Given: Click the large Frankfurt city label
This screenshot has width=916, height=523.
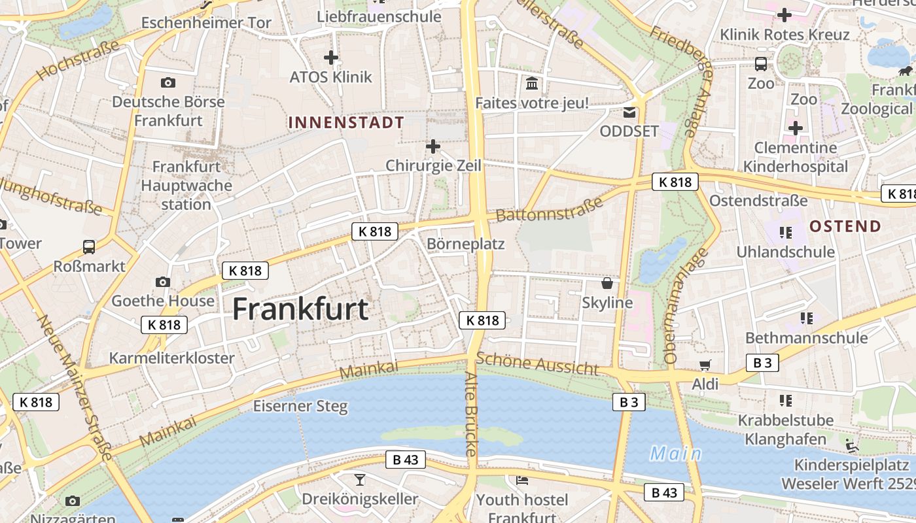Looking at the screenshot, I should coord(300,309).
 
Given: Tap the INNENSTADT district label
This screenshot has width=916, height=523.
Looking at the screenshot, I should coord(346,122).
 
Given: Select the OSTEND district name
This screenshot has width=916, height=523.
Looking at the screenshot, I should coord(845,227).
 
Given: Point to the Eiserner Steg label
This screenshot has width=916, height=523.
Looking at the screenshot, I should coord(300,406).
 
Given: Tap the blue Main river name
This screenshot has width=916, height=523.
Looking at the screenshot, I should coord(675,454).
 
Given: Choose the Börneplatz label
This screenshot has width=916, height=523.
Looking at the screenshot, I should coord(465,245).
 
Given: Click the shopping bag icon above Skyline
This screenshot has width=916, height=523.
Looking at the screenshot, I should coord(607,283).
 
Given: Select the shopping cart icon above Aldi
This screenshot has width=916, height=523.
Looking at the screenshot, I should coord(705,365).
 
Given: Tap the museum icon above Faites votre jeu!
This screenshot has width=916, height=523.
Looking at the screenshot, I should coord(532,84).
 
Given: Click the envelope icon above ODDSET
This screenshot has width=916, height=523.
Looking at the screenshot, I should coord(629,112).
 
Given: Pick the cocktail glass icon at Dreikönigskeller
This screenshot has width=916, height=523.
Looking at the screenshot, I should coord(360,480).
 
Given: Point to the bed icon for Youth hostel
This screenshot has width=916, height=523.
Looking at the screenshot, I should coord(522,481).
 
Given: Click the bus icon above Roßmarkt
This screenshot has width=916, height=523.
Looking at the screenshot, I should coord(89,247).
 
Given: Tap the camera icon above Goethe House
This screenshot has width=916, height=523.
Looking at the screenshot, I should coord(163,282).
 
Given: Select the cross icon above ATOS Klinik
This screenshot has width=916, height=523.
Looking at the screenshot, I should coord(331,58).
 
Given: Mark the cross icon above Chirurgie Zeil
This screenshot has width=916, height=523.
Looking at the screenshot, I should coord(432,146).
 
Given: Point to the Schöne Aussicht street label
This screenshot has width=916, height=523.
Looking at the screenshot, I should coord(537,363).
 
